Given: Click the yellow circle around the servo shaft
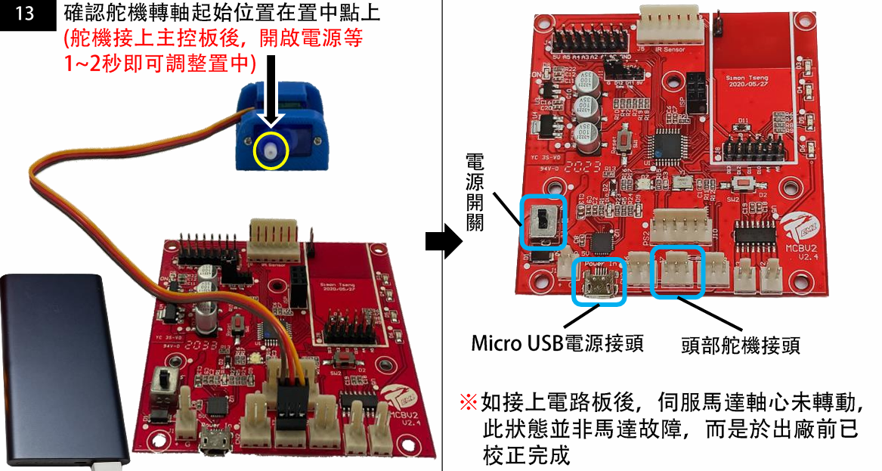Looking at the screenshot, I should [271, 149].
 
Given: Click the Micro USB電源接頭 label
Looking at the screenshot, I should [557, 343].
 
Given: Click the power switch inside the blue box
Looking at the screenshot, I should [543, 222].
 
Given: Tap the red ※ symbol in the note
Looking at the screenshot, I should [469, 402].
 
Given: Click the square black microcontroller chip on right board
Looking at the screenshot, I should [668, 143].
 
